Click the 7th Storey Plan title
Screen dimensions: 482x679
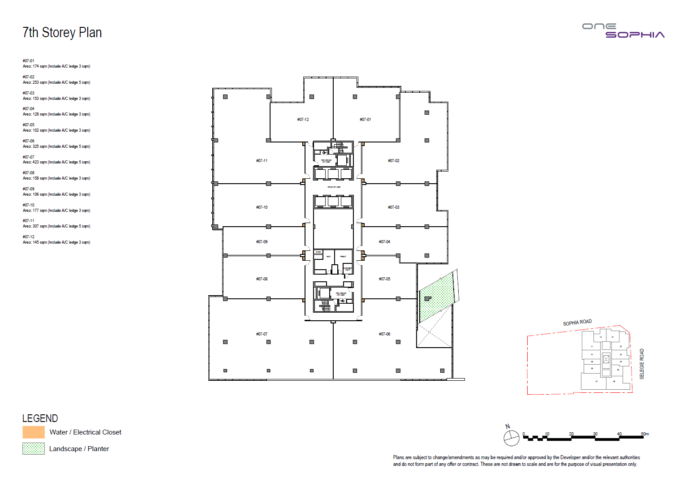(62, 33)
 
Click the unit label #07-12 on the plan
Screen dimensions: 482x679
(303, 120)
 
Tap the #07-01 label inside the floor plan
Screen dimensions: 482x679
(365, 120)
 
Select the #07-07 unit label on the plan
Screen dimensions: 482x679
(262, 334)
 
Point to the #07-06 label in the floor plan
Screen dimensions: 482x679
(384, 334)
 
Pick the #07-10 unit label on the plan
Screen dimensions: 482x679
(262, 207)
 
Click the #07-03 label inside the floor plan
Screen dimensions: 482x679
(393, 207)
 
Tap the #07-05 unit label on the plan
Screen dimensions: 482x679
(384, 279)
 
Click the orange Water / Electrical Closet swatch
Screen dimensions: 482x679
(34, 432)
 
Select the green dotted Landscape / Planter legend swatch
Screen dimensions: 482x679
(34, 448)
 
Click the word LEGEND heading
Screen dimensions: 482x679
(40, 418)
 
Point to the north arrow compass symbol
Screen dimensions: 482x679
(511, 437)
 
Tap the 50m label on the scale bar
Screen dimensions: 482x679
(645, 434)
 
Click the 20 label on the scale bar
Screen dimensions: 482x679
(571, 434)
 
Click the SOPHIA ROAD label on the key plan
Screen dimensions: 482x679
(577, 323)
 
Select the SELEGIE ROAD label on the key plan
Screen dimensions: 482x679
(642, 364)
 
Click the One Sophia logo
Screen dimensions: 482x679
(623, 30)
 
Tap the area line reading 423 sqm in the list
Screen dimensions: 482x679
(56, 162)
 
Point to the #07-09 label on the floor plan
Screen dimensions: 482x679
(262, 242)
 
